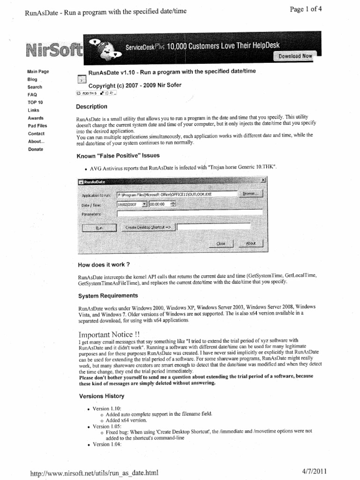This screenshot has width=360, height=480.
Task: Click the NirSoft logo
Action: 53,49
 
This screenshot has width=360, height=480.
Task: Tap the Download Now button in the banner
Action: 295,56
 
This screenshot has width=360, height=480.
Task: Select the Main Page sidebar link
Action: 38,72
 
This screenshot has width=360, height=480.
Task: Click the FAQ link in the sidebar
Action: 32,94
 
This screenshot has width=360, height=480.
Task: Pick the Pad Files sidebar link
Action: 37,126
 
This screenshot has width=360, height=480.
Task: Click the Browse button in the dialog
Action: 252,194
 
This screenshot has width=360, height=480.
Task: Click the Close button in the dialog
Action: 221,243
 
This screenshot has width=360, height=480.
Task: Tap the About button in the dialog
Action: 251,243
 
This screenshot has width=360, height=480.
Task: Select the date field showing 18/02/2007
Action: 128,204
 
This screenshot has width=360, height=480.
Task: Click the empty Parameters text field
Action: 190,214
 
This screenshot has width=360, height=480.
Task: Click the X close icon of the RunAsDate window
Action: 263,180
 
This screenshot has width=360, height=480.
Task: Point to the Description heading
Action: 91,106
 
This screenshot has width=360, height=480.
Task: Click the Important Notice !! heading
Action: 108,335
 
